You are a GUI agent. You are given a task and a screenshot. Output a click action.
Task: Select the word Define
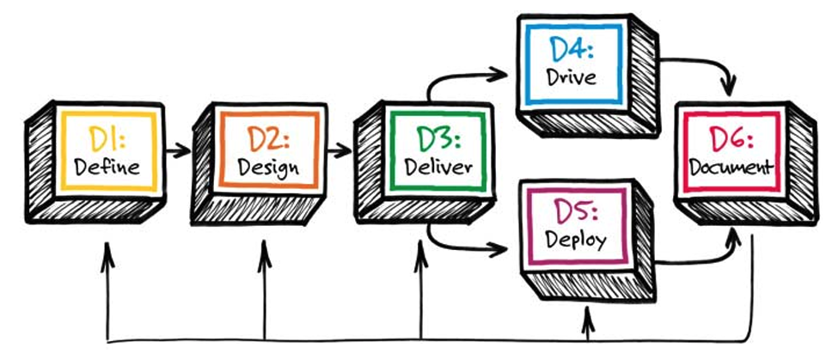point(107,168)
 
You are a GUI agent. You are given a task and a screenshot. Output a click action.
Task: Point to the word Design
point(268,168)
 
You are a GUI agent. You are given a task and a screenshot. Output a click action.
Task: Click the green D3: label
point(438,139)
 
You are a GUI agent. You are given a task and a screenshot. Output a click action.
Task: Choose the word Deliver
point(438,168)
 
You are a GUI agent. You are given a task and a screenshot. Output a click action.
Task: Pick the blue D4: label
point(571,50)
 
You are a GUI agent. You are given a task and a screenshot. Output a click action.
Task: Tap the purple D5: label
point(576,212)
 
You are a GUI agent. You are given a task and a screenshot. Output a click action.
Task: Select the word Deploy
point(576,241)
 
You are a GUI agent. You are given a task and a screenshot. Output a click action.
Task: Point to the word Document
point(731,168)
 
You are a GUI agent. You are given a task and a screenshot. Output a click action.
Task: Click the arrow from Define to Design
point(177,150)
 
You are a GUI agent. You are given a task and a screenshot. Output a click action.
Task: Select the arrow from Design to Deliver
point(339,150)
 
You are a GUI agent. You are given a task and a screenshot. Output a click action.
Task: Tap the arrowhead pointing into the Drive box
point(499,74)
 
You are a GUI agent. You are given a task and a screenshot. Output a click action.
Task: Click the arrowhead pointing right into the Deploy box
point(499,247)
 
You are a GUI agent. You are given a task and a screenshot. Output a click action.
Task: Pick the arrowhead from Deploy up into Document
point(734,237)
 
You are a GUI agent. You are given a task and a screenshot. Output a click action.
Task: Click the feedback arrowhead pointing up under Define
point(107,253)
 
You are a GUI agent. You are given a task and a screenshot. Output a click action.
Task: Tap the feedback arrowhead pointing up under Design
point(264,251)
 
